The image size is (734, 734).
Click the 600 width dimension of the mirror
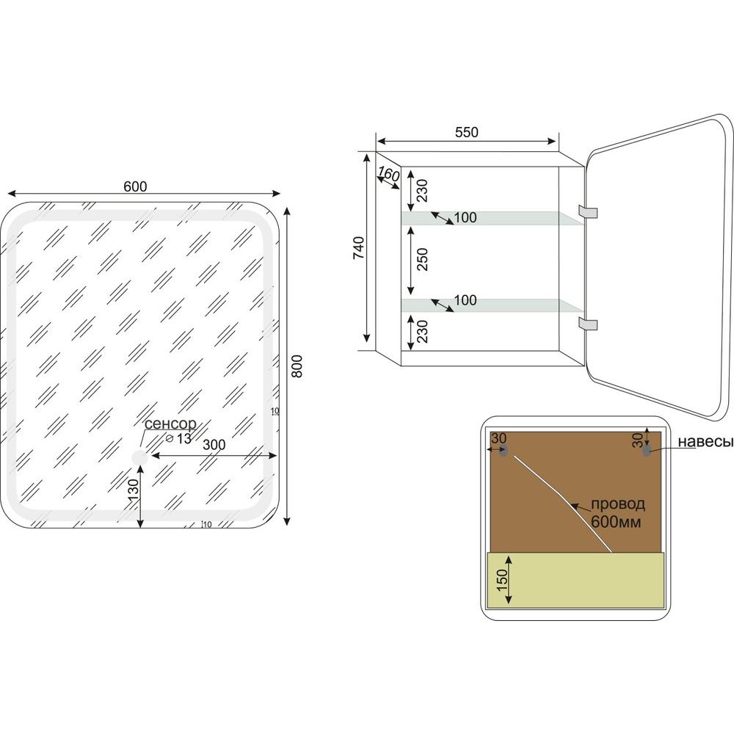click(135, 186)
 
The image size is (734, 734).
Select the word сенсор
click(170, 424)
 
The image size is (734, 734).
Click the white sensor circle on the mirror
click(139, 458)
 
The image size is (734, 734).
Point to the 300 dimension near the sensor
click(214, 445)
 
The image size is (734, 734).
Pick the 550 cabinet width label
click(467, 132)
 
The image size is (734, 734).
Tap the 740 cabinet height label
click(359, 248)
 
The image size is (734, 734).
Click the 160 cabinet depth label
click(388, 175)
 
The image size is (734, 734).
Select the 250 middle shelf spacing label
click(422, 259)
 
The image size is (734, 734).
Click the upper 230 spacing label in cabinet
click(422, 190)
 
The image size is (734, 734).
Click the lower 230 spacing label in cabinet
click(422, 331)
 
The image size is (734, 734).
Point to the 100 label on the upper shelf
click(465, 217)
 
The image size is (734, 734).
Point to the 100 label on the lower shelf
click(465, 300)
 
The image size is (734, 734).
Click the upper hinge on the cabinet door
click(588, 211)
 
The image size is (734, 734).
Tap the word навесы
click(705, 441)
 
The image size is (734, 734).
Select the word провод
click(618, 504)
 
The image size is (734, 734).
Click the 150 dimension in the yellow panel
click(502, 580)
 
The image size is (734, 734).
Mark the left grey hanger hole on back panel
click(504, 451)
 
